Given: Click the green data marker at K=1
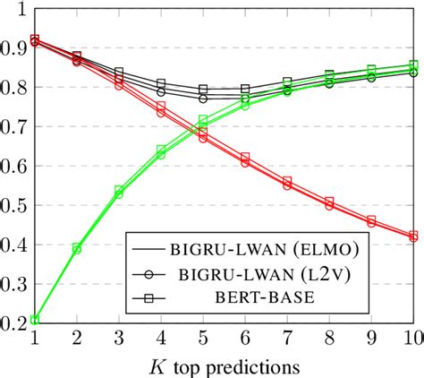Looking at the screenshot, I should pos(34,320).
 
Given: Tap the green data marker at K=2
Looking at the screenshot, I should pos(76,248).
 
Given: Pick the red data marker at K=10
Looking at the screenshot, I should pos(413,236).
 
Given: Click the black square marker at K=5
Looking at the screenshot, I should pos(203,90).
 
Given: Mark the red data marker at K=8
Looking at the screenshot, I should pos(329,203).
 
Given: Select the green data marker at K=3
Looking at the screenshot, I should pos(118,191).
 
